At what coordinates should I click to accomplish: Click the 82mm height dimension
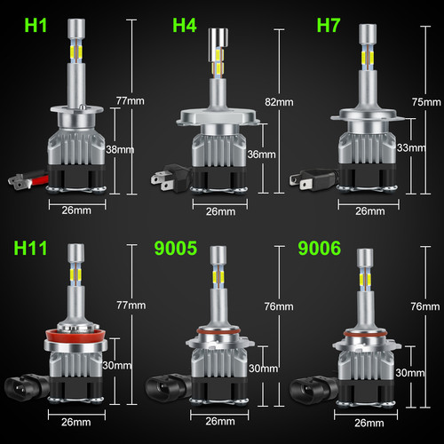click(284, 103)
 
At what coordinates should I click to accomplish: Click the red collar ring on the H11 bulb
click(71, 336)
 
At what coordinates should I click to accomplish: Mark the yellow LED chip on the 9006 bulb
click(362, 280)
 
